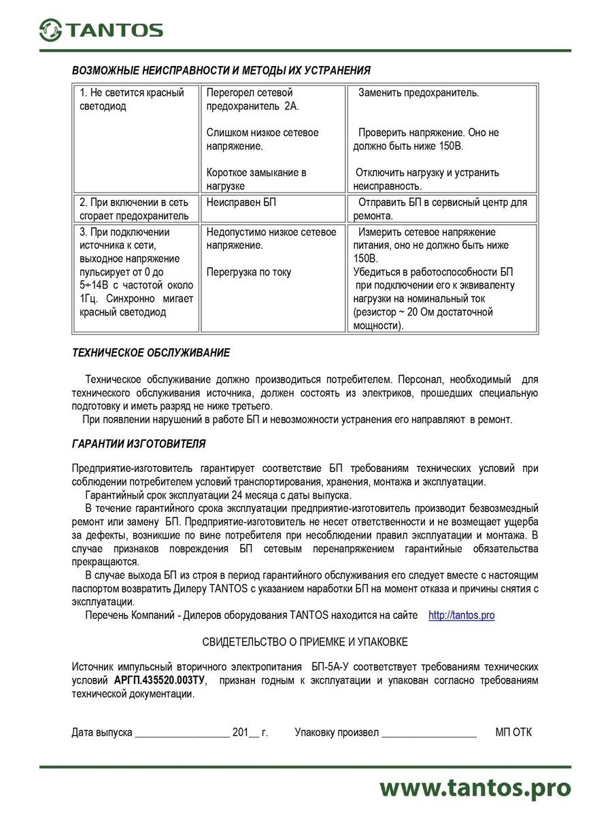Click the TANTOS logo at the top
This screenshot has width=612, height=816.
pyautogui.click(x=101, y=29)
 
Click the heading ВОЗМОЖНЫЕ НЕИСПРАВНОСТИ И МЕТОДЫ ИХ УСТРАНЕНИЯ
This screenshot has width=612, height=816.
pyautogui.click(x=222, y=71)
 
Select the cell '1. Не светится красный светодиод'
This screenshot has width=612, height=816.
pyautogui.click(x=132, y=99)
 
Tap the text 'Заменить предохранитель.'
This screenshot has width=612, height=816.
pyautogui.click(x=419, y=93)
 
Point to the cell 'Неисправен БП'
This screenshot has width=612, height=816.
pyautogui.click(x=241, y=203)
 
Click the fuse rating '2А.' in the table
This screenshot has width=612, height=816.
pyautogui.click(x=292, y=107)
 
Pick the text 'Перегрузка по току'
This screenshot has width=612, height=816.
pyautogui.click(x=249, y=272)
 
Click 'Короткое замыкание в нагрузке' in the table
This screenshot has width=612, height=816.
pyautogui.click(x=256, y=179)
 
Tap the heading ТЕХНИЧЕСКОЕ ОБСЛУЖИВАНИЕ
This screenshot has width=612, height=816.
pyautogui.click(x=151, y=353)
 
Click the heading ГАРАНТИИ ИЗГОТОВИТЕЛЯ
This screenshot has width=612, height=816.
pyautogui.click(x=139, y=444)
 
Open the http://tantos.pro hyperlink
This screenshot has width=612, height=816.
pyautogui.click(x=461, y=615)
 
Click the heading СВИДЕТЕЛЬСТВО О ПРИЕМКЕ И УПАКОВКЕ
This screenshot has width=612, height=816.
pyautogui.click(x=305, y=642)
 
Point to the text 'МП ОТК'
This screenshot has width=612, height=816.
pyautogui.click(x=514, y=732)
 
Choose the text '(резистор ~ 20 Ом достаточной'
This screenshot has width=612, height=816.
pyautogui.click(x=423, y=312)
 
